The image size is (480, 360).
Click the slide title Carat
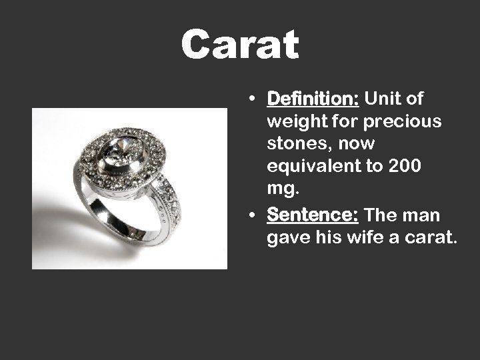240,45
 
